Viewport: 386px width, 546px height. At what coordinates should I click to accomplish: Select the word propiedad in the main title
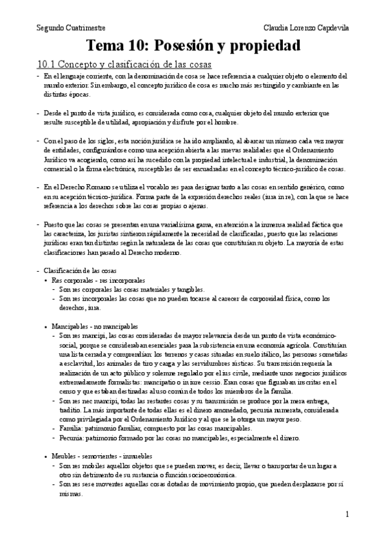coord(268,46)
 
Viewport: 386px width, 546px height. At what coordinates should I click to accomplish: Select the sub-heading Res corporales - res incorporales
coord(98,281)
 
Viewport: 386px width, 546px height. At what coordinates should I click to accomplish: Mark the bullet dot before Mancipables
coord(44,327)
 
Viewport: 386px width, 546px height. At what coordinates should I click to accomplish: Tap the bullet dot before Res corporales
coord(44,281)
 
